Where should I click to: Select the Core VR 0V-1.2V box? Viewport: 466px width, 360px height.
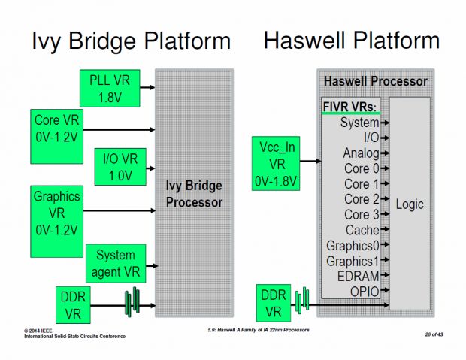[x=57, y=129]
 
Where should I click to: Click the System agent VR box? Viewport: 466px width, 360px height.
[x=116, y=262]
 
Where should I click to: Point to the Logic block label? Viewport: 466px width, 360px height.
[x=410, y=204]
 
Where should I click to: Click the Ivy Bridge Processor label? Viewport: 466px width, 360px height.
[x=195, y=193]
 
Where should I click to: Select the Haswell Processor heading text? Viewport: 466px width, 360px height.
[x=375, y=80]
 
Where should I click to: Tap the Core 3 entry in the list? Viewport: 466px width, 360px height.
[x=362, y=215]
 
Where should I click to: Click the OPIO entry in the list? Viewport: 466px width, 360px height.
[x=363, y=291]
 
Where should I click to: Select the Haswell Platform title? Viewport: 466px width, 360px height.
[x=351, y=41]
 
